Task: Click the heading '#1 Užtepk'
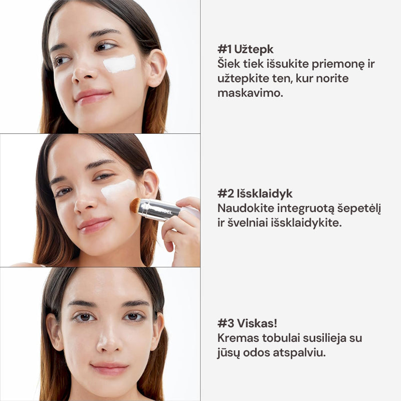pyautogui.click(x=245, y=49)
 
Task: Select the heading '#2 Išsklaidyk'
pyautogui.click(x=255, y=193)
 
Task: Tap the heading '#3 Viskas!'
pyautogui.click(x=247, y=323)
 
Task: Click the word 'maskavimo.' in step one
pyautogui.click(x=250, y=93)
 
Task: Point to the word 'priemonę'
pyautogui.click(x=338, y=64)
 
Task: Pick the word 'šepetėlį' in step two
pyautogui.click(x=359, y=209)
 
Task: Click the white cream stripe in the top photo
pyautogui.click(x=120, y=64)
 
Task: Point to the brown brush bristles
pyautogui.click(x=135, y=205)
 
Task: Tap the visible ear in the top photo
pyautogui.click(x=156, y=67)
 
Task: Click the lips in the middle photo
pyautogui.click(x=95, y=225)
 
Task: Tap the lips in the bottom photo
pyautogui.click(x=110, y=368)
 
